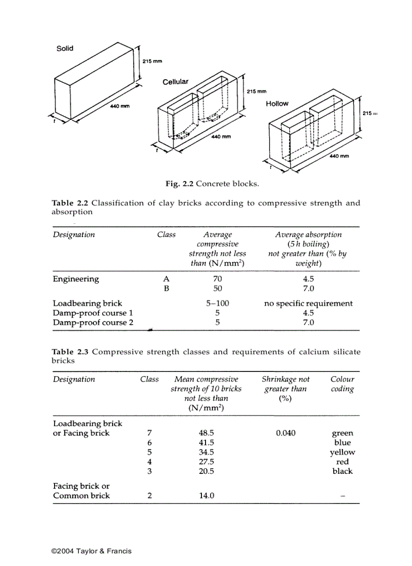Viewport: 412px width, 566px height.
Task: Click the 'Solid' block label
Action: coord(65,48)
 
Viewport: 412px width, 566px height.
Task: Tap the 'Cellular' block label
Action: coord(175,82)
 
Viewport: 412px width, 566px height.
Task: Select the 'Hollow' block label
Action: coord(277,104)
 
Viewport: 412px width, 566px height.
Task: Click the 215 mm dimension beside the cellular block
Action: coord(256,92)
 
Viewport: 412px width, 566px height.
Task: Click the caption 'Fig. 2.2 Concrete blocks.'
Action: coord(212,183)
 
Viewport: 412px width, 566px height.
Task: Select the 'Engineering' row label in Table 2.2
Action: coord(76,279)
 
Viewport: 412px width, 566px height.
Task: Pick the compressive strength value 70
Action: coord(217,279)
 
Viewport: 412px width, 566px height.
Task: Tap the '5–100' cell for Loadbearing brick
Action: coord(217,303)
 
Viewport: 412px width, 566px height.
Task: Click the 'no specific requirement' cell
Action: coord(308,303)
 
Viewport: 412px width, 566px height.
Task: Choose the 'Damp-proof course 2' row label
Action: coord(93,323)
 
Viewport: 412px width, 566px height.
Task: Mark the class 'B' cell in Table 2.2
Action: coord(166,289)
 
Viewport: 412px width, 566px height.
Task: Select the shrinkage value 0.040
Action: coord(286,433)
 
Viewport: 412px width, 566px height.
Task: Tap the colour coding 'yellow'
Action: coord(342,452)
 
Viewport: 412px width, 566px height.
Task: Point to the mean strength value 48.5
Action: coord(207,433)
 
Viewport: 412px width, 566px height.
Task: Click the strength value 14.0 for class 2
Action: coord(207,495)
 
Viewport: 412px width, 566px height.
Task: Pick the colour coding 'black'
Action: coord(342,471)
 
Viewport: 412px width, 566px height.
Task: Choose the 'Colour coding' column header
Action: coord(342,384)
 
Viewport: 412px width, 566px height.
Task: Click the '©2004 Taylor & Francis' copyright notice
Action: coord(91,551)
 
